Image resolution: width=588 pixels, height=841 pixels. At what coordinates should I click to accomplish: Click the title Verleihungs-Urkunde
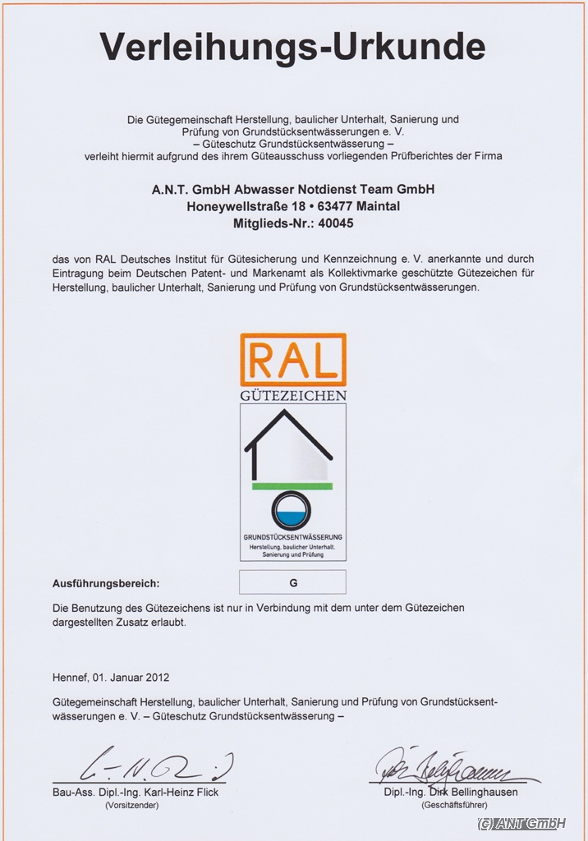(292, 48)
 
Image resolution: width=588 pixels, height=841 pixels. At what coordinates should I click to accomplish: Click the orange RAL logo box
(292, 359)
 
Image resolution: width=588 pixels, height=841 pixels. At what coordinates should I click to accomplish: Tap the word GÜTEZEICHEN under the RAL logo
(292, 395)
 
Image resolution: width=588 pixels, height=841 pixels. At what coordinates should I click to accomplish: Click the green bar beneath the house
(292, 486)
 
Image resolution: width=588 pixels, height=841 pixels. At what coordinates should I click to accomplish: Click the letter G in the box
(292, 582)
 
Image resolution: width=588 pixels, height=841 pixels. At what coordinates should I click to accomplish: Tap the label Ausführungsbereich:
(105, 584)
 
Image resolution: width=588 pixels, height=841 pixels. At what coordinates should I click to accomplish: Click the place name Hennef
(69, 678)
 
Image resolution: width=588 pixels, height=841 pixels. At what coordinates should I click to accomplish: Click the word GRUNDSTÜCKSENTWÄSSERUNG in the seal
(292, 537)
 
